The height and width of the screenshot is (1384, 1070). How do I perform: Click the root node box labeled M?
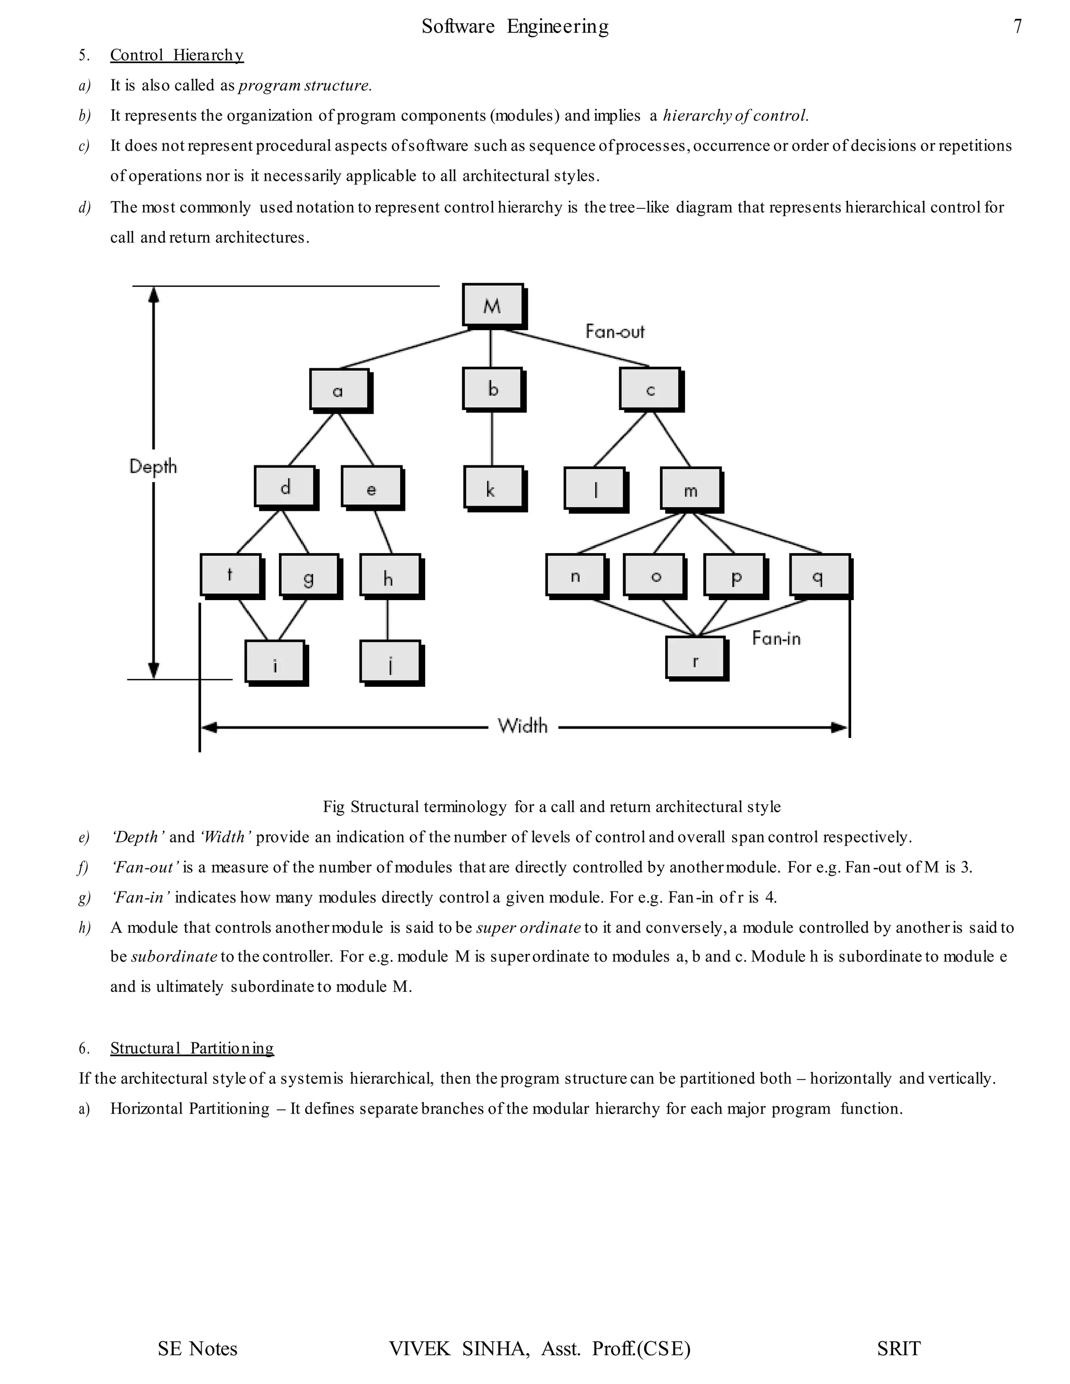point(493,306)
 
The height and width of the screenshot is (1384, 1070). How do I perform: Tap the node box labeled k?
point(493,487)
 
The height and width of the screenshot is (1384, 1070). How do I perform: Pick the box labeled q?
point(819,576)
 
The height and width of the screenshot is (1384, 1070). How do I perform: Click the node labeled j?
point(390,662)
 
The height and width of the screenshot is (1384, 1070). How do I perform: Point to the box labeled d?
point(285,487)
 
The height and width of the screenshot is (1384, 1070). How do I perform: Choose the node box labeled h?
point(389,576)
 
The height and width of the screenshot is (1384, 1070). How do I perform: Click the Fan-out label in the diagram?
point(614,332)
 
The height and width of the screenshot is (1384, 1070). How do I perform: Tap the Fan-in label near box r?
point(776,638)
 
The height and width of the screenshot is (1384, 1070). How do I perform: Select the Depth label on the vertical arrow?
point(153,466)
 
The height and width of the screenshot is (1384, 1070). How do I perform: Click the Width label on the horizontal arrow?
point(522,725)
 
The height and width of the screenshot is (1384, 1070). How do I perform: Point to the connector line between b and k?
point(491,439)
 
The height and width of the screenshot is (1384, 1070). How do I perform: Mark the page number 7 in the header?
point(1017,27)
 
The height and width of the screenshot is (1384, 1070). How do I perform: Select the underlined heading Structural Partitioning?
point(191,1048)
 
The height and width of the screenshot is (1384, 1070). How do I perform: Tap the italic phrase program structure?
point(304,86)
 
